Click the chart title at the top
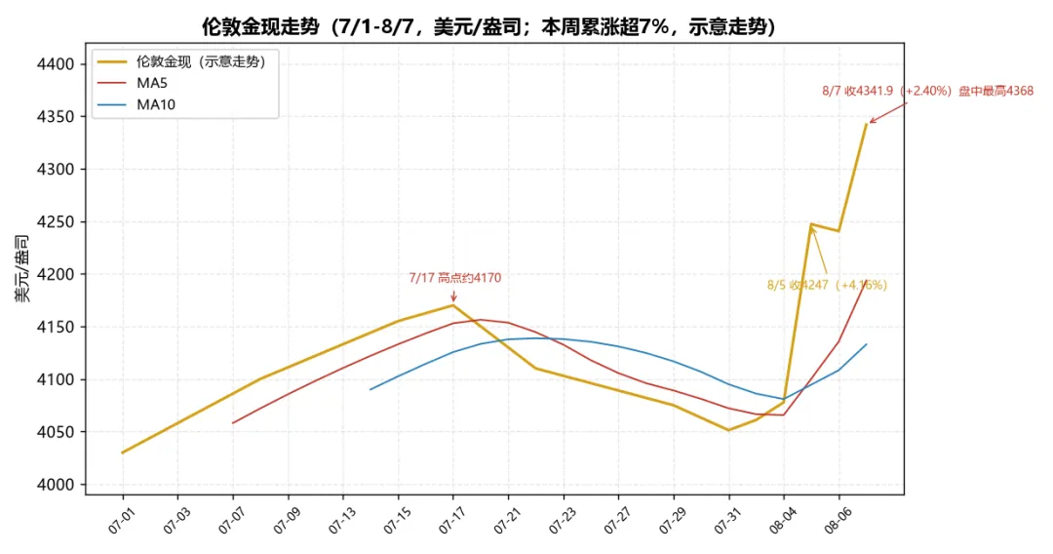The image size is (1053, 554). coord(488,27)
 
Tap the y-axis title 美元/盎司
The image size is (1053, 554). coord(22,268)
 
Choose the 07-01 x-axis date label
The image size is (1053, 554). coord(121,521)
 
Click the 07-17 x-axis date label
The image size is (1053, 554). coord(451,521)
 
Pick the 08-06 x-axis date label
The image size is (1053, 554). coord(837,521)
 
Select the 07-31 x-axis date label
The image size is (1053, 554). coord(726,521)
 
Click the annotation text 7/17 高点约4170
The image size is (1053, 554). coord(455,278)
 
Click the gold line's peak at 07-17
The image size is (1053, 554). coord(453,305)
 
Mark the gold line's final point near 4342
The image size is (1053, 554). coord(867,124)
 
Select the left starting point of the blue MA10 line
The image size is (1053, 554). coord(370,389)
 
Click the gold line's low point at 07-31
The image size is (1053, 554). coord(728,430)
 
